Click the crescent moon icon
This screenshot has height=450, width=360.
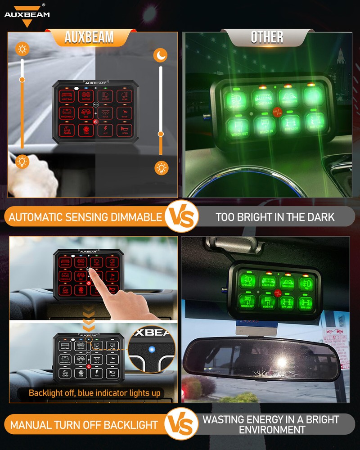pos(161,55)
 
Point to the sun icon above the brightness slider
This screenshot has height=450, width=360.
pos(22,48)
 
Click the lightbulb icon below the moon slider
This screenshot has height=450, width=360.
pos(161,168)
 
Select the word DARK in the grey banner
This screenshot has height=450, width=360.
pos(319,217)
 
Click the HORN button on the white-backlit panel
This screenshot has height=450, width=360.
pos(112,373)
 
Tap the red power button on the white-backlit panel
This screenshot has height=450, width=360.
pos(89,367)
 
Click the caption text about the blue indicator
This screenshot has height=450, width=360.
pos(94,393)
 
